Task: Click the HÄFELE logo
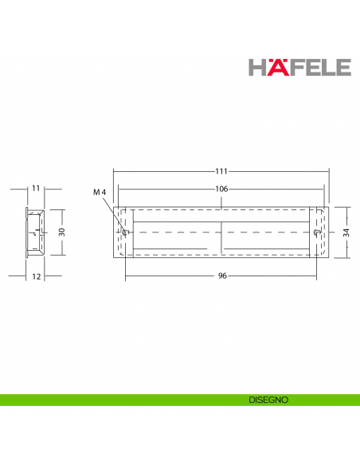(x=299, y=65)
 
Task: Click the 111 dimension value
(x=221, y=171)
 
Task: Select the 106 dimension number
(x=221, y=190)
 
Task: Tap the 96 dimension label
(x=222, y=276)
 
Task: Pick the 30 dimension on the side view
(x=61, y=232)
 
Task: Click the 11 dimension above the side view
(x=36, y=189)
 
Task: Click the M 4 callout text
(x=99, y=193)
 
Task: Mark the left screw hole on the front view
(x=126, y=232)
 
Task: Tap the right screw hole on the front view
(x=318, y=232)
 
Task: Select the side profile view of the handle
(x=34, y=232)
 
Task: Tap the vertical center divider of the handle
(x=220, y=232)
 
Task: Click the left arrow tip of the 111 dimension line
(x=114, y=171)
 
